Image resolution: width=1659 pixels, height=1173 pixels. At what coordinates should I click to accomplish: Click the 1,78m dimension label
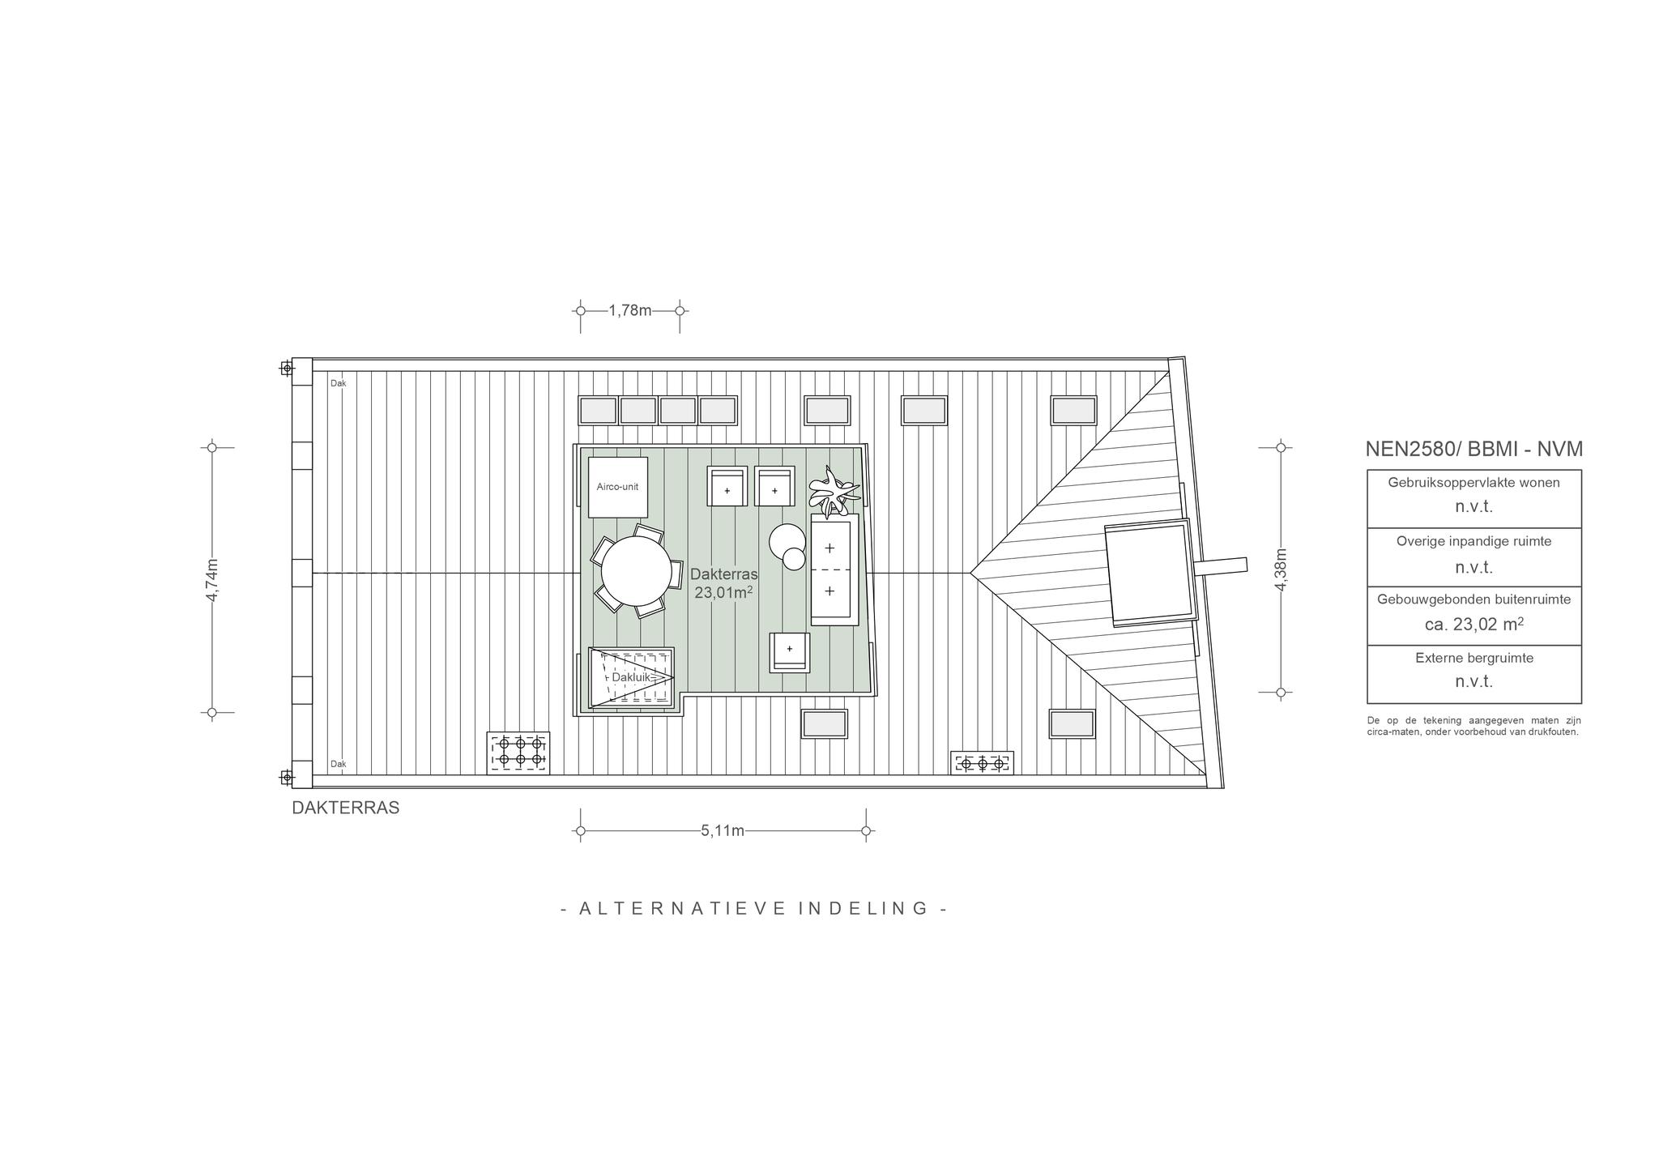630,310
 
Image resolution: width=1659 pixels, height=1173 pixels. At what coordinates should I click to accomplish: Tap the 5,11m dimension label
723,830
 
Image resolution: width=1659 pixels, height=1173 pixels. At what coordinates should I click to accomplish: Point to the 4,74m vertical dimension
212,580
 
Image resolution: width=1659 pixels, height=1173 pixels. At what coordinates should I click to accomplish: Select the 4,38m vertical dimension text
1281,569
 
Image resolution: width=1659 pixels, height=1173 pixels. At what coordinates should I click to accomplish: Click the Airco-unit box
618,487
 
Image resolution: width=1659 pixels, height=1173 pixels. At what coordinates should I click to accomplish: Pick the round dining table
636,573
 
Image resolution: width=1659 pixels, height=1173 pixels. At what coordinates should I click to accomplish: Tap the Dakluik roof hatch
631,677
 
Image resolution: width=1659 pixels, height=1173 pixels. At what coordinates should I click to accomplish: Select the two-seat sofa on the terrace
834,569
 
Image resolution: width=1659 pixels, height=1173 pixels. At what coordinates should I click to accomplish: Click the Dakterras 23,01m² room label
723,583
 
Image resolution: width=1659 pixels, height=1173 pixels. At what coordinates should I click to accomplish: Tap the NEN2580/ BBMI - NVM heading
1473,449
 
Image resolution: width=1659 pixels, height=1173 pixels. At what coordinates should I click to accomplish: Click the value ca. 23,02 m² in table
1474,625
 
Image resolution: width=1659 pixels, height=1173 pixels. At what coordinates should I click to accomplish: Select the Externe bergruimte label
1474,658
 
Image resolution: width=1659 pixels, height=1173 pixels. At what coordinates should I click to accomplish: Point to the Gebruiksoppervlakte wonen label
1474,483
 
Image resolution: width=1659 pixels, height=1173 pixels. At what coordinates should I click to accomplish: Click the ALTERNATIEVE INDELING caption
754,908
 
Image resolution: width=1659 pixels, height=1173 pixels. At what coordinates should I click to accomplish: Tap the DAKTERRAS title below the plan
346,808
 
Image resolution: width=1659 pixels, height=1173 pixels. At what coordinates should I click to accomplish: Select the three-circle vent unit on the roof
982,763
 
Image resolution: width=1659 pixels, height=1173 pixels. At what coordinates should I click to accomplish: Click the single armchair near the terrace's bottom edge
790,652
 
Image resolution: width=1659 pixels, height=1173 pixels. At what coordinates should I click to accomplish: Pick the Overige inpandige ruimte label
1474,541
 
